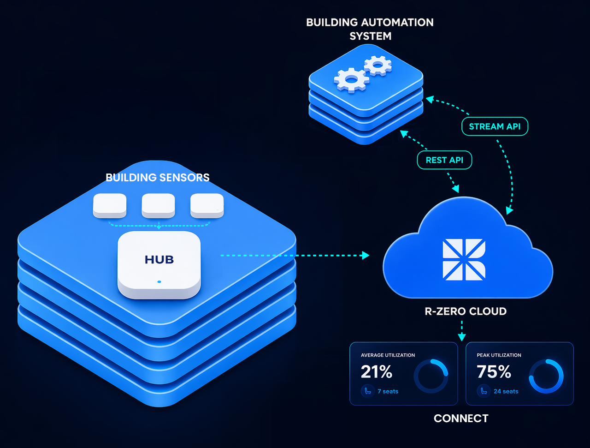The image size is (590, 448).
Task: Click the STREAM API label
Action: click(x=495, y=126)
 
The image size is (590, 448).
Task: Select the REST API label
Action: click(x=444, y=160)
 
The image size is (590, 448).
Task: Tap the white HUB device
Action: click(x=159, y=264)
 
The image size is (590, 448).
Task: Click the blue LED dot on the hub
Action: click(x=159, y=281)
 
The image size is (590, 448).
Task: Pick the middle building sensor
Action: click(x=158, y=205)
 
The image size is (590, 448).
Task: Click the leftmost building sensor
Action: click(x=110, y=205)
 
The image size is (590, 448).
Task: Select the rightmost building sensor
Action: click(x=207, y=205)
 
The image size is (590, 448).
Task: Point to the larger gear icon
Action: click(x=351, y=80)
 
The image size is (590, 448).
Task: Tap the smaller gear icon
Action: click(x=378, y=66)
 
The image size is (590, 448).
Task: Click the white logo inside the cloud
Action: click(x=464, y=259)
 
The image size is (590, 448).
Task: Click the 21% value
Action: click(x=377, y=372)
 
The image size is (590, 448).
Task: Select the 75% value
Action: click(x=494, y=372)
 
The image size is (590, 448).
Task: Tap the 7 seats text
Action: click(x=388, y=391)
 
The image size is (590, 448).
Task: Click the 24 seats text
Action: click(x=506, y=391)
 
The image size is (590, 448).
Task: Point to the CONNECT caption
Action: click(x=461, y=418)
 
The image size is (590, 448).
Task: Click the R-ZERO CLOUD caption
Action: click(x=466, y=311)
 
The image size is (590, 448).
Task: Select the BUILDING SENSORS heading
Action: click(x=158, y=178)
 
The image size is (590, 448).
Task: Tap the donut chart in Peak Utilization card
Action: click(x=546, y=376)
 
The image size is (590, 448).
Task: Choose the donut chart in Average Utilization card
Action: click(x=431, y=376)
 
